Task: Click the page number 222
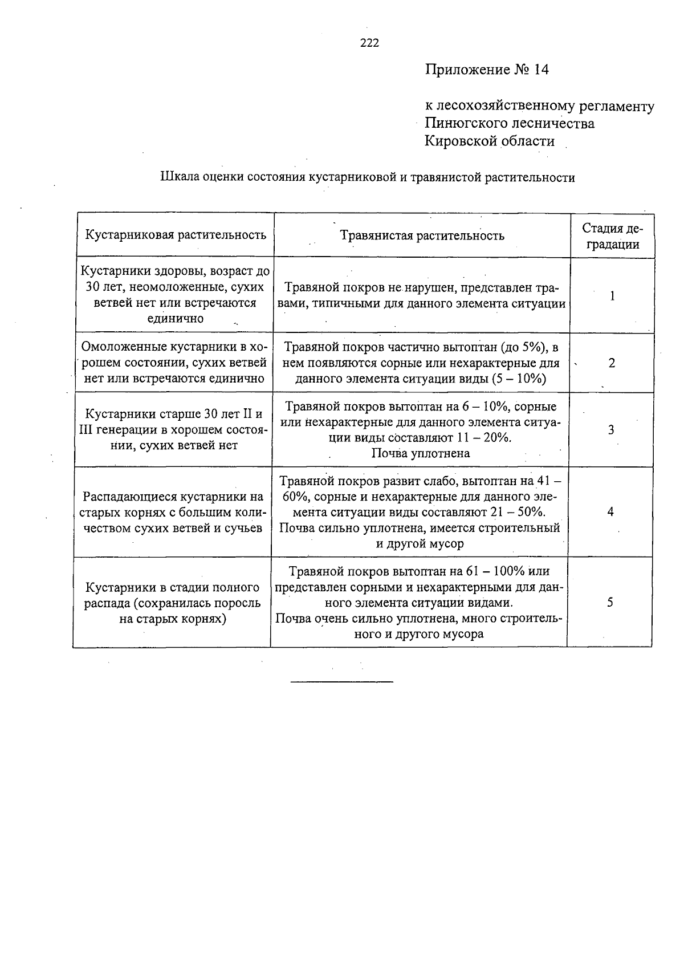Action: click(x=369, y=43)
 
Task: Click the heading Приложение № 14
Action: click(x=486, y=70)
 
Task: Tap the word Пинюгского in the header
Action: click(x=466, y=123)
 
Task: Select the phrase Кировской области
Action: click(x=489, y=141)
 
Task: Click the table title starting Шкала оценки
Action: click(x=367, y=177)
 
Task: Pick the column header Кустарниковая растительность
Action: click(x=176, y=235)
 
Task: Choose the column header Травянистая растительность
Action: click(x=422, y=235)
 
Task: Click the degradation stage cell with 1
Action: click(x=612, y=296)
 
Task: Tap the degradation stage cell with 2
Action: click(x=612, y=363)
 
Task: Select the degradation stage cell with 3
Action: click(x=611, y=430)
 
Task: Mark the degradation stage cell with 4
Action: click(x=610, y=511)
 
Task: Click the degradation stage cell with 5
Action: click(x=610, y=602)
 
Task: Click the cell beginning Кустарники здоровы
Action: click(x=176, y=295)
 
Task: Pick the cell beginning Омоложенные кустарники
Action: click(x=174, y=363)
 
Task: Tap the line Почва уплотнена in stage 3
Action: click(x=421, y=453)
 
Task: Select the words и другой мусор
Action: click(x=420, y=543)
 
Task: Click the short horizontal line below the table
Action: click(x=341, y=681)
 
